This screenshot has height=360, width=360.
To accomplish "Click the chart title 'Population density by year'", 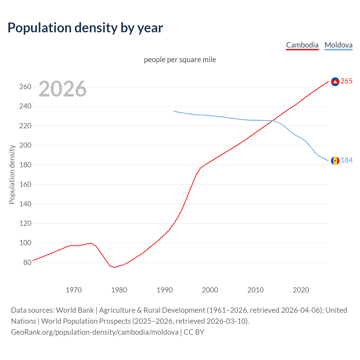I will point(85,28).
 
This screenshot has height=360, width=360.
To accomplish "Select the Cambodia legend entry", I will point(302,45).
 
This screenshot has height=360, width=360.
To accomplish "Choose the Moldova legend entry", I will point(338,45).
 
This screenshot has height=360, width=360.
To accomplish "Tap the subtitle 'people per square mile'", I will point(180,60).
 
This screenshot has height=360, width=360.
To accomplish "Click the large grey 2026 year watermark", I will point(62,89).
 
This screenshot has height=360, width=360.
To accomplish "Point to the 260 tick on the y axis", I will point(25,87).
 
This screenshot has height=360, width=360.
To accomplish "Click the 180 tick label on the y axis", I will point(25,165).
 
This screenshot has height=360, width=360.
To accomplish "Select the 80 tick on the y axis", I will point(27,262).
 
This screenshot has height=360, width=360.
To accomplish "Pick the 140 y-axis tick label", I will point(25,204).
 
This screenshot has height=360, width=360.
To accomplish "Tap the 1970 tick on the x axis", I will point(74,290).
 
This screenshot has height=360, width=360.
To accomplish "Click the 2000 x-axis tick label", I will point(210,290).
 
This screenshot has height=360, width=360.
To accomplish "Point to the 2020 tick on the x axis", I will point(301,290).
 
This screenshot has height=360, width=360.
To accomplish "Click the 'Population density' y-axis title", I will point(12,174).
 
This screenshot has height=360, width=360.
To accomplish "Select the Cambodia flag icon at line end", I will point(335,82).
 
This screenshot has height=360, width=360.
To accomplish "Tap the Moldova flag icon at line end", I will point(335,161).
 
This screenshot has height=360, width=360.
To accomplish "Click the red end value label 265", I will point(346,81).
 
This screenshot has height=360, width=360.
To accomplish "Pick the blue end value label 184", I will point(346,160).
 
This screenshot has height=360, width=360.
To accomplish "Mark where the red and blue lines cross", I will point(272,121).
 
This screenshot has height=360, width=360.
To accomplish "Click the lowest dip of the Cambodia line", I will point(114,267).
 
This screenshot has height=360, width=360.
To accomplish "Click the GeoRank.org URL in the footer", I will point(94,332).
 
